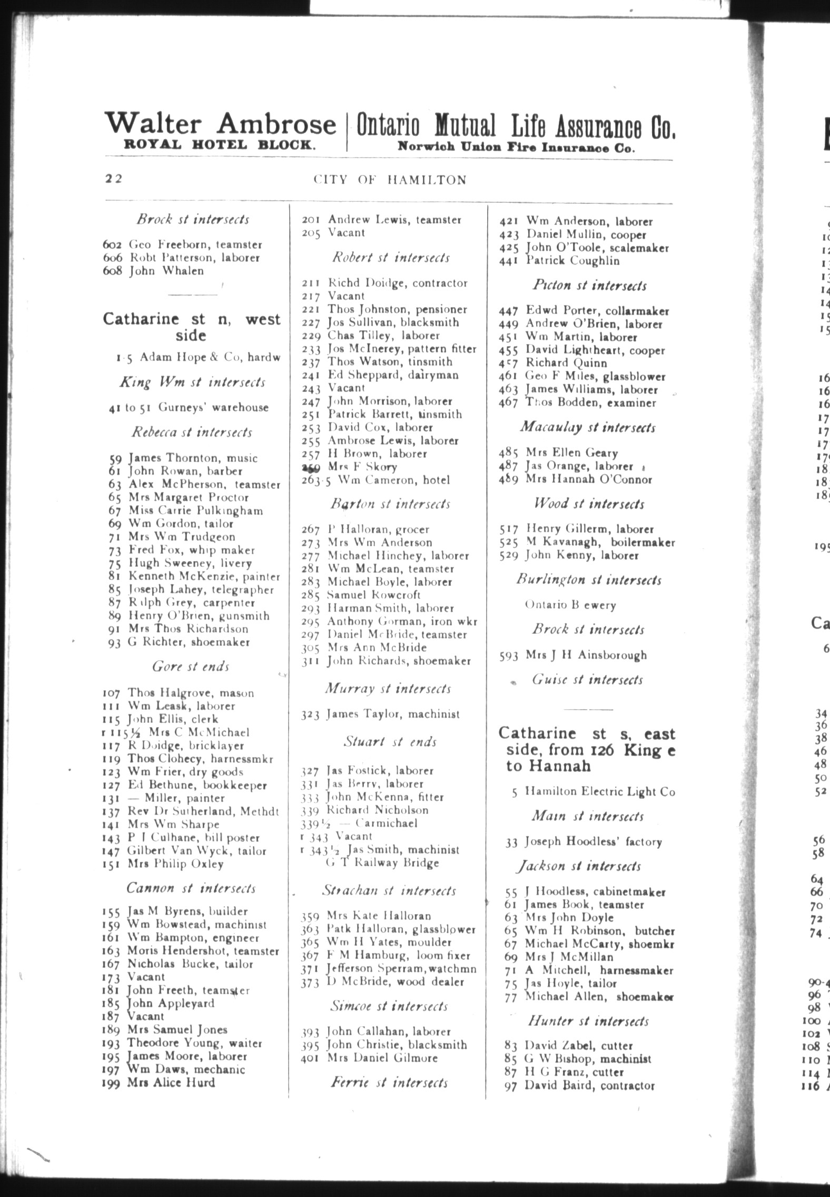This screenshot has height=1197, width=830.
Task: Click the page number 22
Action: [x=113, y=179]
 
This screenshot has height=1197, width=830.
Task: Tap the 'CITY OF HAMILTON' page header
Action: [x=390, y=180]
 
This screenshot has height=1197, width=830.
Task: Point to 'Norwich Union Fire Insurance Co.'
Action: [x=516, y=148]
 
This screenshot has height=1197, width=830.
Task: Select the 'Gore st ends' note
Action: [x=191, y=666]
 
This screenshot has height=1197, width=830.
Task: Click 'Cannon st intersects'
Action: [x=191, y=888]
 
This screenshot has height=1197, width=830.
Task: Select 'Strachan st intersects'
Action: [x=389, y=890]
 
